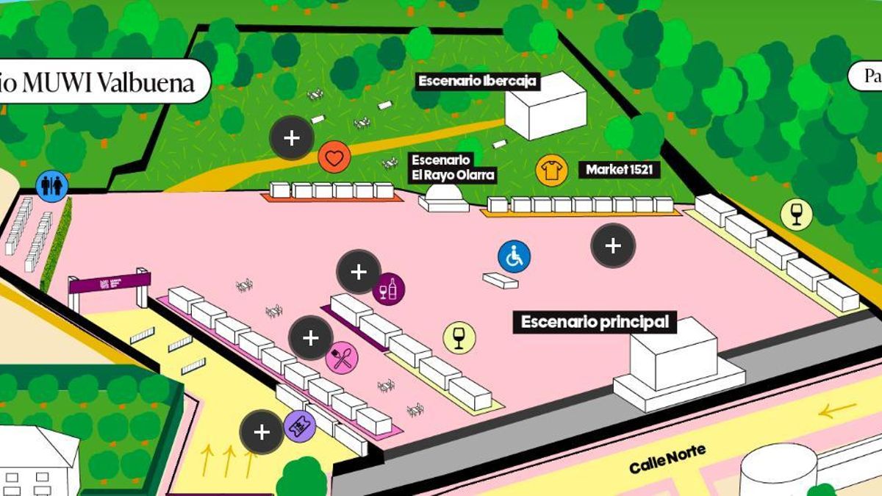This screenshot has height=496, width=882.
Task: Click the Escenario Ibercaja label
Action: [478, 82]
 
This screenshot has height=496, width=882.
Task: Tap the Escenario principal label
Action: [595, 322]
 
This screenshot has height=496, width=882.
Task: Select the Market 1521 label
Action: [623, 170]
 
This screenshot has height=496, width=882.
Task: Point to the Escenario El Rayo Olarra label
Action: [453, 168]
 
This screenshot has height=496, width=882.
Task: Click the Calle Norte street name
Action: [667, 459]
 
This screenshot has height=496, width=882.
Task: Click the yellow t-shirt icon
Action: [551, 170]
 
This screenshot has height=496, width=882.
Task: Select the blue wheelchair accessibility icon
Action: [514, 256]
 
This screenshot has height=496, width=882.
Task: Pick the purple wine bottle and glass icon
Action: [388, 288]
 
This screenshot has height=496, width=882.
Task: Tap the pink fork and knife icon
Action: [342, 357]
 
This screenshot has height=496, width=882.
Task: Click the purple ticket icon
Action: [299, 425]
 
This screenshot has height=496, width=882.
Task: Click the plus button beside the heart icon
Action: [292, 137]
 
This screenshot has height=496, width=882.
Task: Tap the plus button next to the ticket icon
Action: [262, 432]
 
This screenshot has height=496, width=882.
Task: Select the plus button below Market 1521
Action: [613, 245]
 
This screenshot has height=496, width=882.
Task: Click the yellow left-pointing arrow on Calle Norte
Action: [837, 410]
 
